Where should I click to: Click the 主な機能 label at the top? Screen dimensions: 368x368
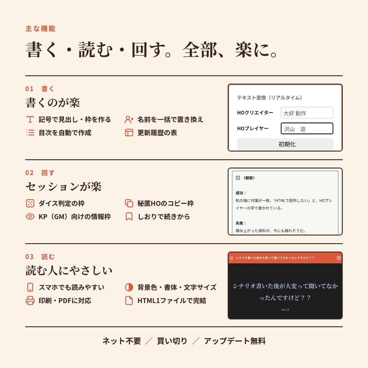tap(40, 29)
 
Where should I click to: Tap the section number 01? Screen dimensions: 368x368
tap(29, 89)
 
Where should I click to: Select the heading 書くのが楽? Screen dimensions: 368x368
tap(53, 102)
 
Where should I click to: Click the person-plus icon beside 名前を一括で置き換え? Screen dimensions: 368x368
tap(129, 119)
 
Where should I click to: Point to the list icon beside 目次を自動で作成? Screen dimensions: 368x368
tap(30, 133)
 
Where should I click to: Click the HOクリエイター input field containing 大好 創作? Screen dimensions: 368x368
tap(307, 113)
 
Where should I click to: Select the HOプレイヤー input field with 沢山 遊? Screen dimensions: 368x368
tap(307, 128)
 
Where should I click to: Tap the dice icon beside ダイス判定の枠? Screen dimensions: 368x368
tap(30, 203)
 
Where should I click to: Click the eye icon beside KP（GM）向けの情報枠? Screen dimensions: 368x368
tap(30, 216)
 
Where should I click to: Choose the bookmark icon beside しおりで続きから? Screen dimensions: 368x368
tap(129, 217)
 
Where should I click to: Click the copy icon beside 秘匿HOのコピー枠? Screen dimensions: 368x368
tap(129, 203)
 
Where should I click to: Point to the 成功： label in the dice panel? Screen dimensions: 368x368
tap(240, 193)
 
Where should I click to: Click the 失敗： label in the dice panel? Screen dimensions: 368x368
tap(240, 223)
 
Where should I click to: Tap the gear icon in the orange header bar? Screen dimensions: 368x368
tap(339, 258)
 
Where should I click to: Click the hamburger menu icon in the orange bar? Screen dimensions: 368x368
tap(231, 258)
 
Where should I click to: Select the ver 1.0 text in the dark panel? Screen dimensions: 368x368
tap(285, 309)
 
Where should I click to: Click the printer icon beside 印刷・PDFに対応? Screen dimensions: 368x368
tap(30, 300)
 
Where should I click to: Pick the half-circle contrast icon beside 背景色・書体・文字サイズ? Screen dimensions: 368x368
tap(129, 287)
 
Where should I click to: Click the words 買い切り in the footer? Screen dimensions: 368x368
tap(172, 341)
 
